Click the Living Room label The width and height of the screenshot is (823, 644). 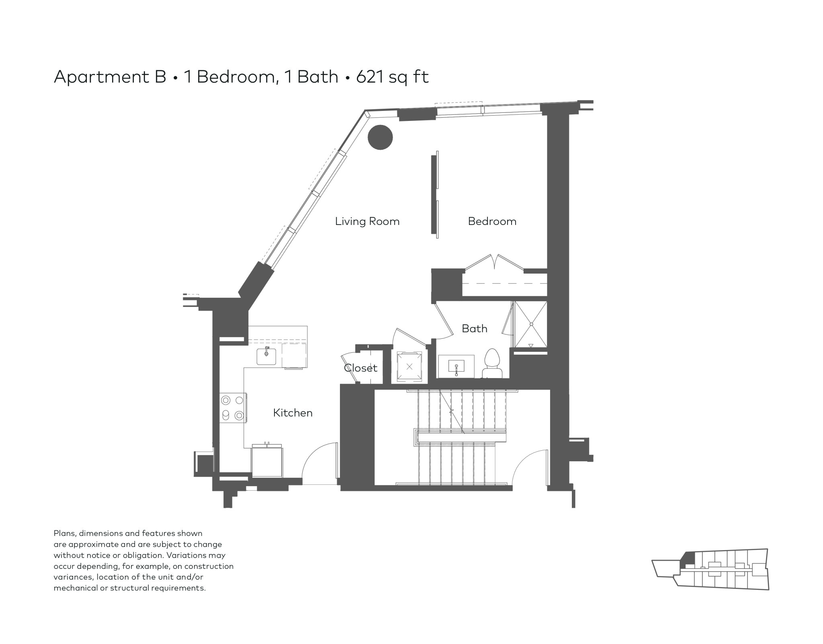coord(367,221)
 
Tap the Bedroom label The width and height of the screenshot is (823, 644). coord(492,221)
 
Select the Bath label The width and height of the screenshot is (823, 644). coord(475,329)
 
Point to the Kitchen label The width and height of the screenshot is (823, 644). coord(293,413)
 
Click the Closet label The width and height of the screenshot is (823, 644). coord(360,368)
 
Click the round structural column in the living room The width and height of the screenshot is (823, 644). coord(380,137)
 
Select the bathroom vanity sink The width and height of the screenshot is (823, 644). coord(456,366)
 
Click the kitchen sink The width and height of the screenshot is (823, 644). coord(266,356)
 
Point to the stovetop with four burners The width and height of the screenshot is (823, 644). coord(233,407)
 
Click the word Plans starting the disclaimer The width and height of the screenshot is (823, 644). coord(65,534)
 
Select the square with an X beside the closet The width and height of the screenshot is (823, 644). coord(409,366)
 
